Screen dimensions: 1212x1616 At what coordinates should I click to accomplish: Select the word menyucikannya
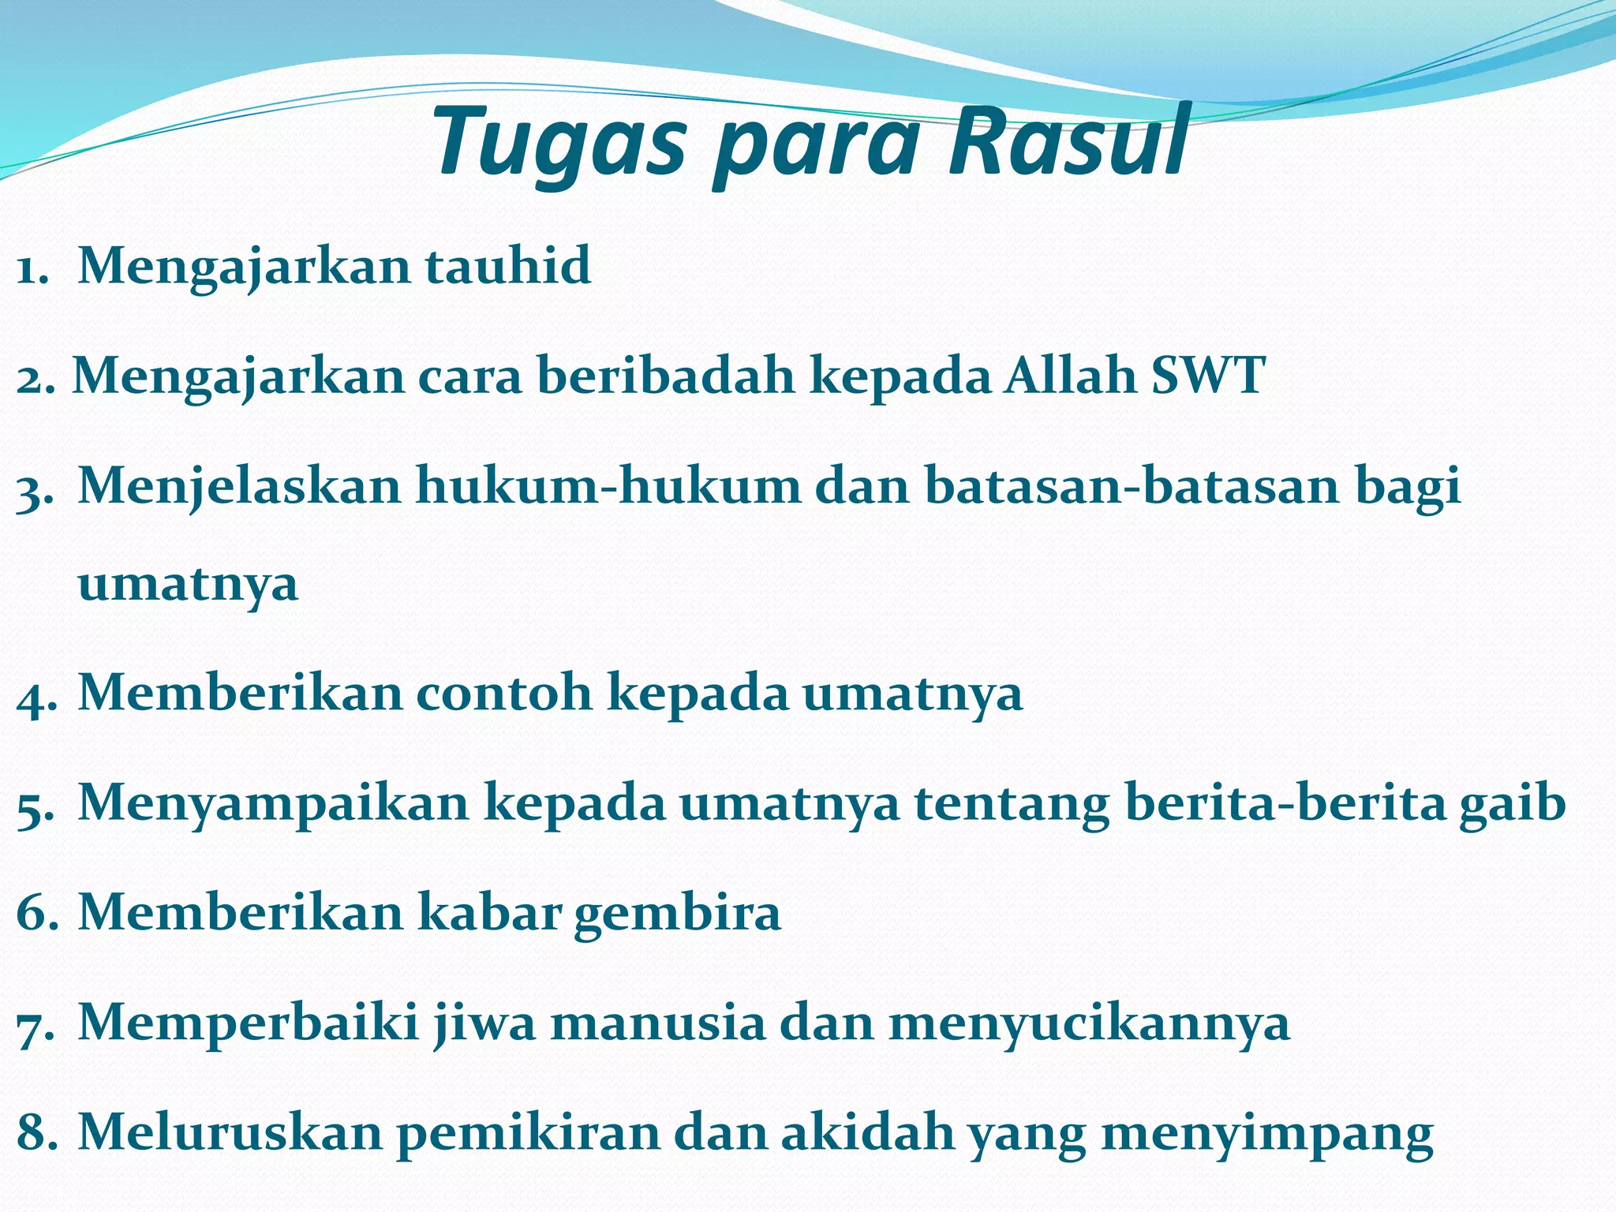[x=1089, y=1023]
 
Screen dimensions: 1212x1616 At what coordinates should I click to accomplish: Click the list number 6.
[x=35, y=914]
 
